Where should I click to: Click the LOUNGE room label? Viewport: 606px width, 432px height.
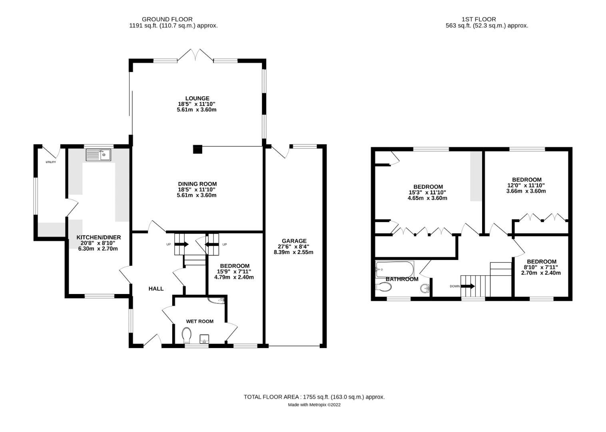click(197, 98)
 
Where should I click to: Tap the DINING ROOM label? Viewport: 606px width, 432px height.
click(197, 184)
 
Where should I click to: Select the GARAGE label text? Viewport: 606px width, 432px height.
click(294, 241)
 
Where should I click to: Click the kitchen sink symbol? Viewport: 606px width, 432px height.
click(98, 154)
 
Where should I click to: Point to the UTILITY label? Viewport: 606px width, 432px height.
click(50, 162)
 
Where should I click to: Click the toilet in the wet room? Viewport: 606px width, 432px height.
click(186, 335)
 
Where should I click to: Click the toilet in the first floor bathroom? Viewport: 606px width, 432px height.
click(384, 287)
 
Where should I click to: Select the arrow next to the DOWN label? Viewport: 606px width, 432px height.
click(468, 286)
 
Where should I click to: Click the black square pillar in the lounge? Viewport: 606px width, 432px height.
click(197, 149)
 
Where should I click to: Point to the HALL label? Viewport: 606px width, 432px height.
click(156, 288)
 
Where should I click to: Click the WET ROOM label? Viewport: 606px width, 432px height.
click(199, 321)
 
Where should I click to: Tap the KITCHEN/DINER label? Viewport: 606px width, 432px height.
click(98, 237)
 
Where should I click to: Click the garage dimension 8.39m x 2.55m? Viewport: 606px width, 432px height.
click(293, 252)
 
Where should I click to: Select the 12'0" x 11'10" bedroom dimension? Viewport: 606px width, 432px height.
click(526, 185)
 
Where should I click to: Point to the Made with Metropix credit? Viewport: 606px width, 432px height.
click(314, 405)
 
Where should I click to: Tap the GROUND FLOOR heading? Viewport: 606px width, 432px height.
click(167, 19)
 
